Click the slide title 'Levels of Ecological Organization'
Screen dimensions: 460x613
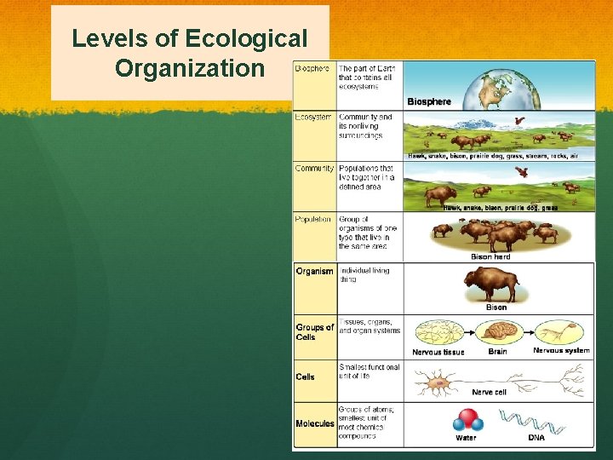[x=189, y=52]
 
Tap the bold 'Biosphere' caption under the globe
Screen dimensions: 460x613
[x=429, y=101]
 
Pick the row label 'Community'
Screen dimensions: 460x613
[x=315, y=168]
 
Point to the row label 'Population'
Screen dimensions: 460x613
[x=314, y=219]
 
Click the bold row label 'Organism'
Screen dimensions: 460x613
[x=314, y=272]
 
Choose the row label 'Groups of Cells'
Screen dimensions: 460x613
[x=314, y=332]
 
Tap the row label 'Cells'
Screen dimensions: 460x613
[x=305, y=377]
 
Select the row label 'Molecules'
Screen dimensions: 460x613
[x=314, y=423]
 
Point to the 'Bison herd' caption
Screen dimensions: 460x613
[x=490, y=256]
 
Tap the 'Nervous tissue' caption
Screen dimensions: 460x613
[x=438, y=352]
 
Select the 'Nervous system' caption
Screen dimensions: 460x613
[x=560, y=350]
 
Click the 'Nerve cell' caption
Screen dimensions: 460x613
[x=489, y=393]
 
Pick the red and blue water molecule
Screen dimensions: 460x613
[x=467, y=421]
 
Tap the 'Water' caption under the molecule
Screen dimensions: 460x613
[x=466, y=439]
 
